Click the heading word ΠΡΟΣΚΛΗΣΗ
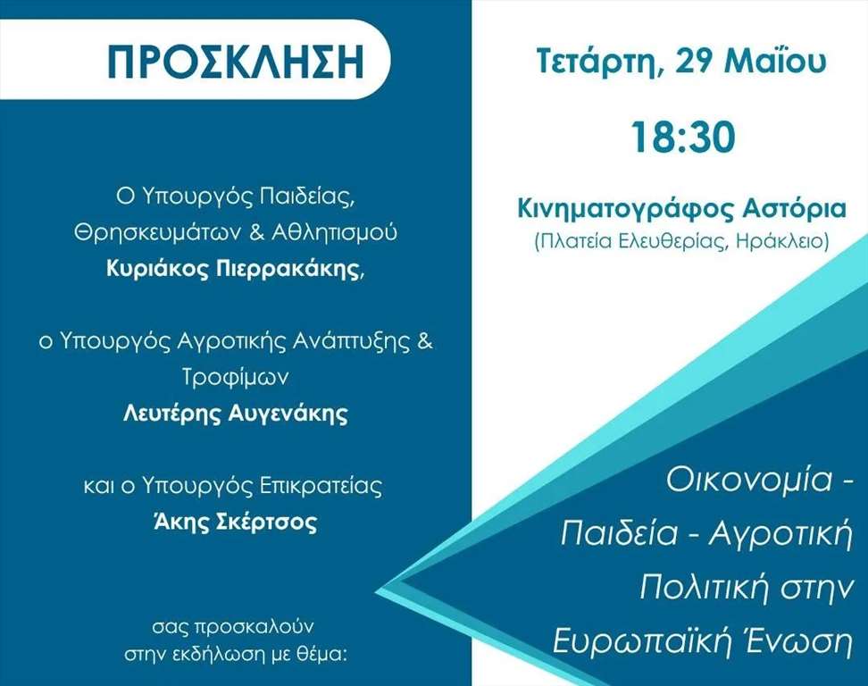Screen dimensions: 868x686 (x=235, y=60)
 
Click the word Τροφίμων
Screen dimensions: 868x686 (x=235, y=378)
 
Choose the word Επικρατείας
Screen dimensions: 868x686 (x=321, y=486)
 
